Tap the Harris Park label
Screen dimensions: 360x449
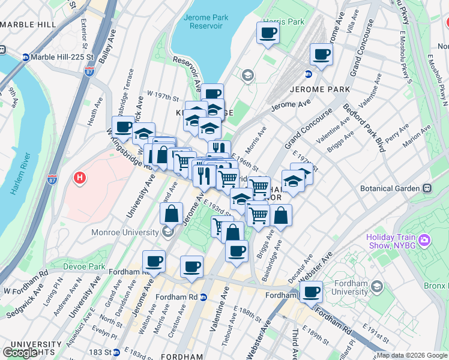coord(287,22)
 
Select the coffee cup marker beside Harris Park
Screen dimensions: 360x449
coord(268,33)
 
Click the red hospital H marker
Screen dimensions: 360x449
coord(79,178)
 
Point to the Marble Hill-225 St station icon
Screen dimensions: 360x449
coord(26,58)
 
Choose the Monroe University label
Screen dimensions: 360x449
coord(124,232)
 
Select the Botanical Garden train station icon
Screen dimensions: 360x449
coord(427,188)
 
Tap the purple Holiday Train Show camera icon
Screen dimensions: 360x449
coord(425,241)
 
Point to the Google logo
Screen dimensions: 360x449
coord(20,353)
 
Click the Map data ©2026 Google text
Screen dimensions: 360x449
coord(412,356)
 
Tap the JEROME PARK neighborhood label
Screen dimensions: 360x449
coord(319,89)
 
